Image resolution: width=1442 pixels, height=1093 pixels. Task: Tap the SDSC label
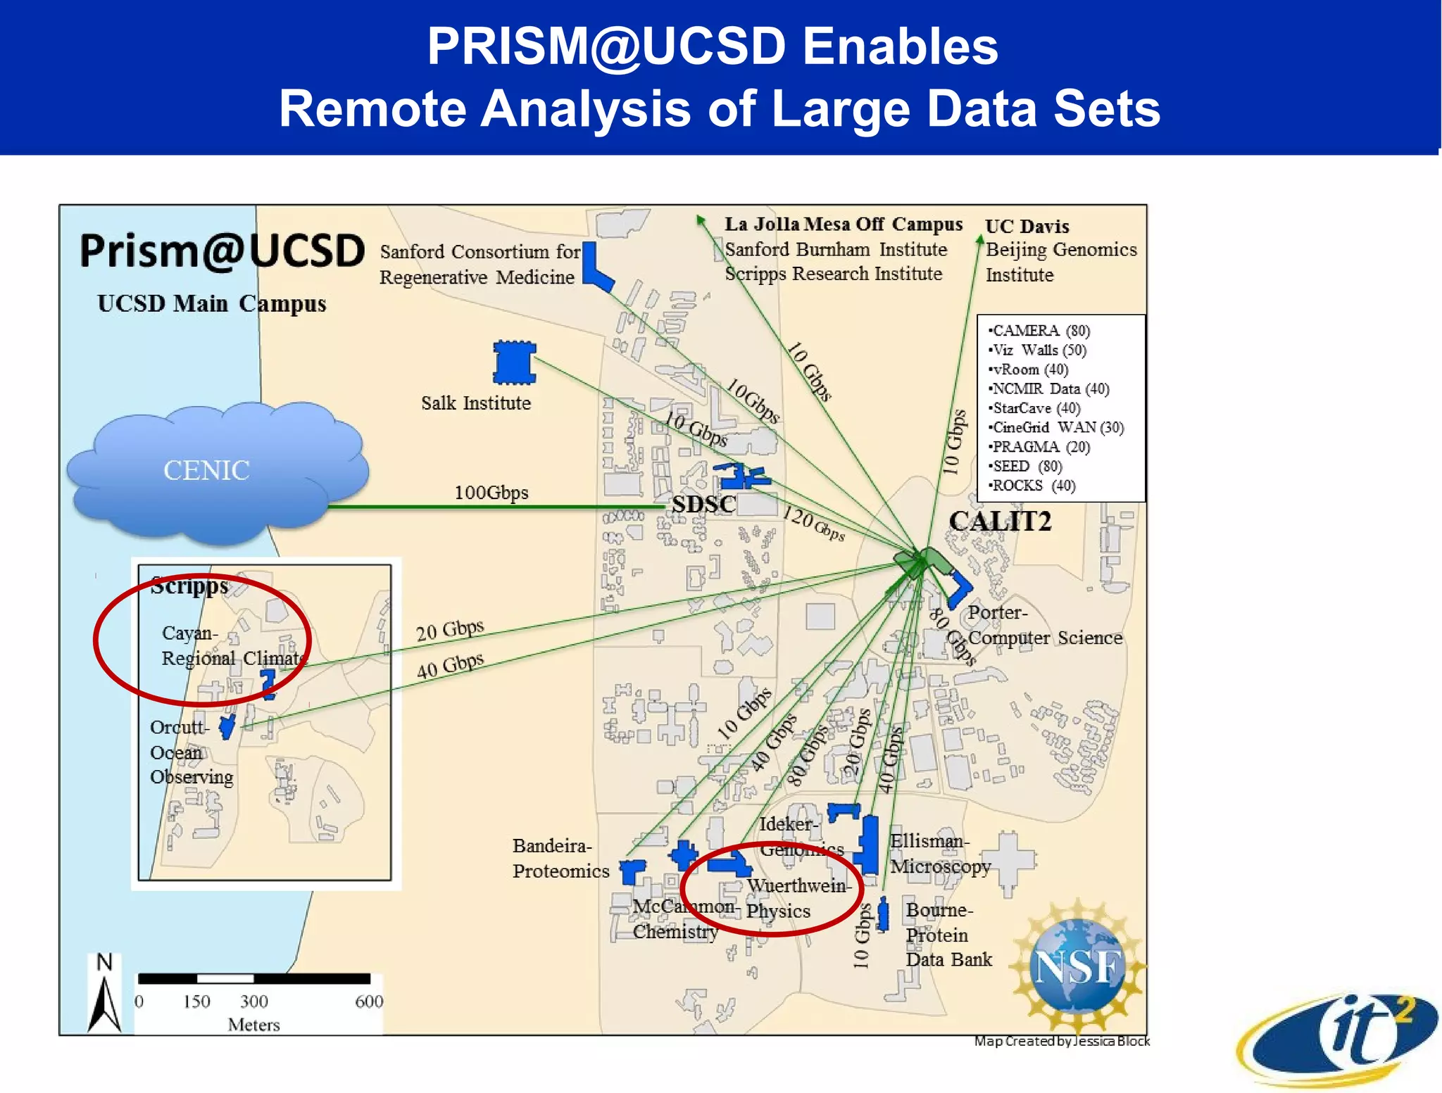(x=703, y=504)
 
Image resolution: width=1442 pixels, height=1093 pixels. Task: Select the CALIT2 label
(x=1000, y=522)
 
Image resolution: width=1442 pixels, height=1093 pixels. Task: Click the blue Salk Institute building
(x=514, y=362)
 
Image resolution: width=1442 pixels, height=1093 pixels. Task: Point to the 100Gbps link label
(x=491, y=492)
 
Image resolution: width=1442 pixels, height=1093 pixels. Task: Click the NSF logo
(x=1077, y=966)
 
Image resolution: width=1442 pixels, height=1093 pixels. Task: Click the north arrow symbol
(x=105, y=996)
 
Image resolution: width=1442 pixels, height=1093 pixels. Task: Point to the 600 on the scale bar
(x=369, y=1001)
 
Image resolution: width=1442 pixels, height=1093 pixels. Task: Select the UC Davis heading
(x=1027, y=227)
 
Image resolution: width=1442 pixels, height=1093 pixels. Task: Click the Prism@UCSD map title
(x=222, y=251)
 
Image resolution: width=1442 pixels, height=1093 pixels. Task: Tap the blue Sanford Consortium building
(x=595, y=268)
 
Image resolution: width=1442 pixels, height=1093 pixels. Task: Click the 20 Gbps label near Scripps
(x=450, y=630)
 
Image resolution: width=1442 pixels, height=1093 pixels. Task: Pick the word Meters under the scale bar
(x=253, y=1025)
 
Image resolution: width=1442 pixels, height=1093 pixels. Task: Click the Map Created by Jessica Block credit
(x=1061, y=1041)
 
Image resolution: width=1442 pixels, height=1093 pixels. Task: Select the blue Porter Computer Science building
(x=958, y=588)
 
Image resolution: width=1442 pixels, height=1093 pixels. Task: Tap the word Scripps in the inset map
(x=190, y=586)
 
